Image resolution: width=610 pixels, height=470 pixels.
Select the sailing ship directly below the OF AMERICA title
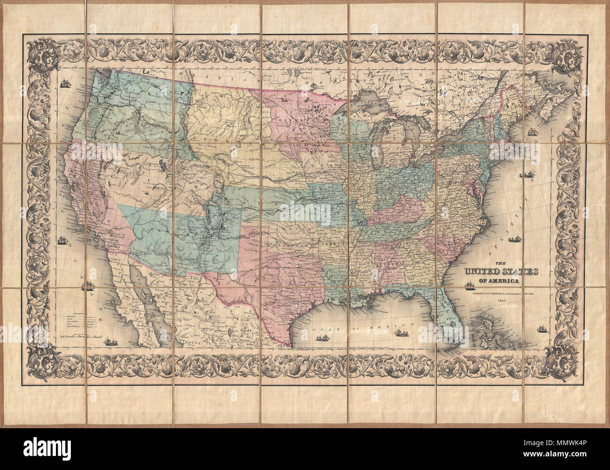coord(469,286)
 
